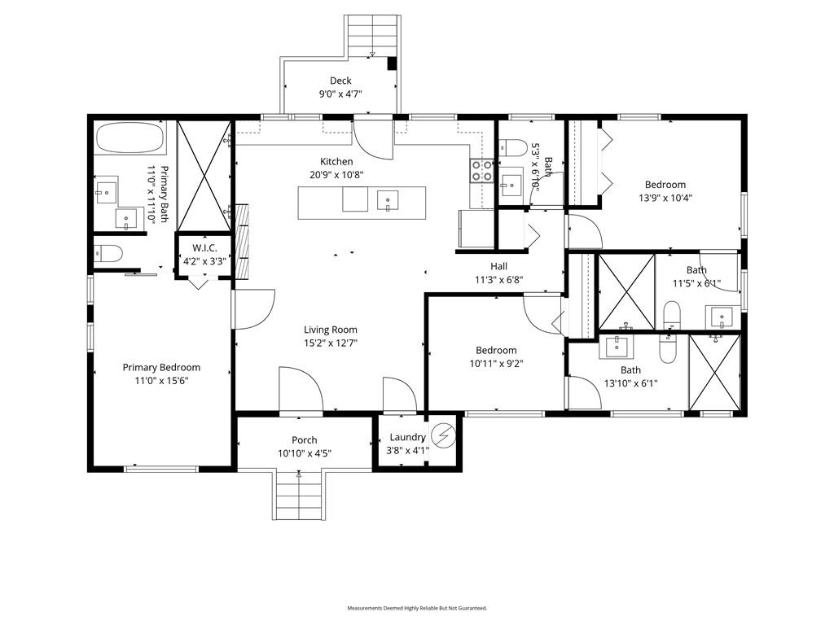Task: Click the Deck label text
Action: (x=340, y=81)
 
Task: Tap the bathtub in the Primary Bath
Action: (x=130, y=138)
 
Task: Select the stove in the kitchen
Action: (x=481, y=170)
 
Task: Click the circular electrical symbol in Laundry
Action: (x=443, y=437)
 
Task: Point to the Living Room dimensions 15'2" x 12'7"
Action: (x=331, y=343)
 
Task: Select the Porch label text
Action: (x=304, y=440)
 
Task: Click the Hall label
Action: (x=498, y=266)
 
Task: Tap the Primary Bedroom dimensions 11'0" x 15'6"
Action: (x=161, y=380)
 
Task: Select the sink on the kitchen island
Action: (x=388, y=199)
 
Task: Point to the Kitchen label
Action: (x=336, y=162)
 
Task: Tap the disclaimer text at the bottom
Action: (x=417, y=608)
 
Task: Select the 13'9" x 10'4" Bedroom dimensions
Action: (x=665, y=198)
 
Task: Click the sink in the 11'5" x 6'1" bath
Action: (x=722, y=316)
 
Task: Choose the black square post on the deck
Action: (x=392, y=63)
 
